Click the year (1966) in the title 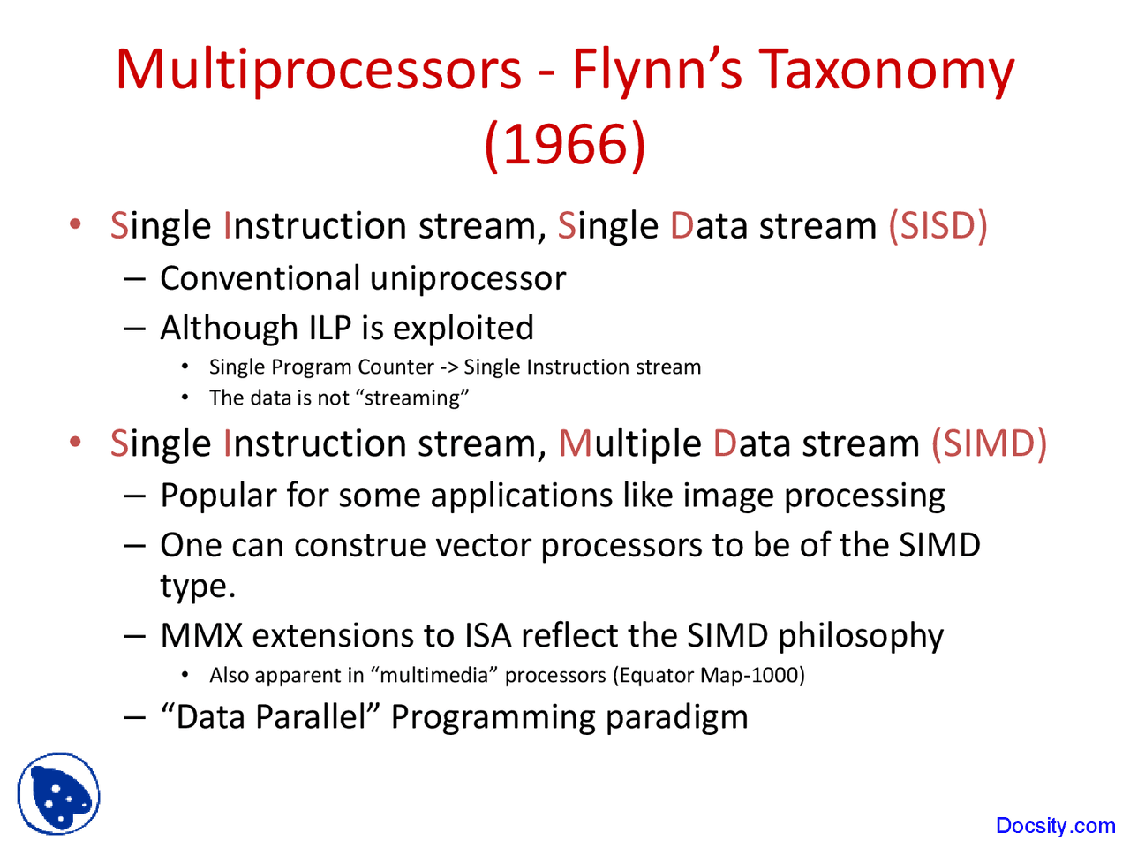[x=565, y=143]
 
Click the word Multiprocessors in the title [x=319, y=69]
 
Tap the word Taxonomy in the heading [x=886, y=69]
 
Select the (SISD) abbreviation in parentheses [x=938, y=226]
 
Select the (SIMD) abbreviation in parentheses [x=989, y=443]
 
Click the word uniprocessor [x=468, y=279]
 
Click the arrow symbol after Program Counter [x=448, y=367]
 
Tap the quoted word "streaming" [x=412, y=398]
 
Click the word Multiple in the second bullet [x=630, y=443]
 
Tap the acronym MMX [x=200, y=636]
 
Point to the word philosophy [x=861, y=636]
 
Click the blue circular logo [x=58, y=793]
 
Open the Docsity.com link [x=1055, y=826]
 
